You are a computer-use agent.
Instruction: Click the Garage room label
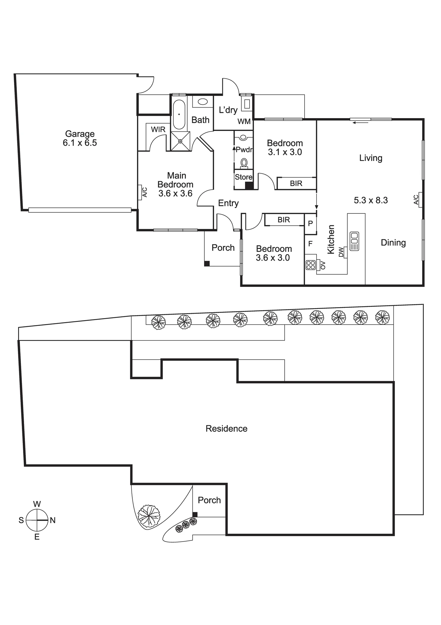pyautogui.click(x=80, y=134)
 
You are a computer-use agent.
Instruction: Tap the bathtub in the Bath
pyautogui.click(x=179, y=114)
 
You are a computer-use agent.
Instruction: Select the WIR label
pyautogui.click(x=158, y=129)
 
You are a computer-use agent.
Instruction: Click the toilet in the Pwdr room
pyautogui.click(x=244, y=163)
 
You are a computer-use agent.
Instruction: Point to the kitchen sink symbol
pyautogui.click(x=354, y=241)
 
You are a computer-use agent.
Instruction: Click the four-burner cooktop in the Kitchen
pyautogui.click(x=311, y=265)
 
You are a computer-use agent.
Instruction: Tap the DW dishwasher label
pyautogui.click(x=341, y=252)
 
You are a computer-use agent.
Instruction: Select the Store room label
pyautogui.click(x=243, y=177)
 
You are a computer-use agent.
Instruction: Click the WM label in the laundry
pyautogui.click(x=244, y=122)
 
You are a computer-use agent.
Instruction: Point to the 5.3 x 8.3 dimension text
pyautogui.click(x=371, y=200)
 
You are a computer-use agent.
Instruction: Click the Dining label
pyautogui.click(x=393, y=243)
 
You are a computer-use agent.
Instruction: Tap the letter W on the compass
pyautogui.click(x=37, y=504)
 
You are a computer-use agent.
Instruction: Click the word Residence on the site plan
pyautogui.click(x=227, y=428)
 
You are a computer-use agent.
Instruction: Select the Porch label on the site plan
pyautogui.click(x=209, y=500)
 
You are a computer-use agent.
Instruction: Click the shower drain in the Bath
pyautogui.click(x=180, y=141)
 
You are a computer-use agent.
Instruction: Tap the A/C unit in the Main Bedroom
pyautogui.click(x=141, y=192)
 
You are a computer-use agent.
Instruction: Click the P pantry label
pyautogui.click(x=310, y=223)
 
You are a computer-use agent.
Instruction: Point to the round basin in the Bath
pyautogui.click(x=203, y=102)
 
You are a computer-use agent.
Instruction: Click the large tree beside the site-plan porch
pyautogui.click(x=149, y=516)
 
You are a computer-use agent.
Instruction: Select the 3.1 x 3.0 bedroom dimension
pyautogui.click(x=285, y=152)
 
